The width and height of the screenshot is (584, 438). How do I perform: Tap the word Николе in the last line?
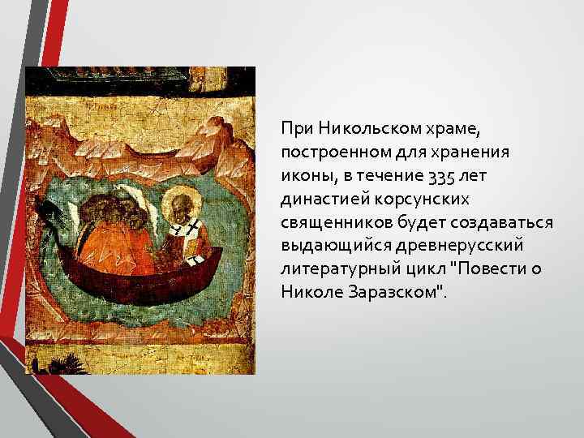(x=308, y=292)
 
